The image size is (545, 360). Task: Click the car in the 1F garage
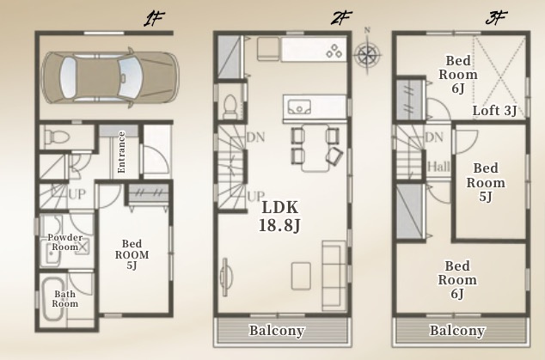click(x=110, y=77)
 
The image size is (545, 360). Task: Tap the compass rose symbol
click(x=367, y=54)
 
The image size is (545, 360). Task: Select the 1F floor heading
click(x=153, y=19)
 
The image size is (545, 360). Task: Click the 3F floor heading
click(x=496, y=18)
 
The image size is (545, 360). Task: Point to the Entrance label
click(x=121, y=152)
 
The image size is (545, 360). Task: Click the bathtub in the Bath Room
click(x=53, y=299)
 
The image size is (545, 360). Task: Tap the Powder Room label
click(x=65, y=242)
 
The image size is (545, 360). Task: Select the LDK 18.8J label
click(x=279, y=217)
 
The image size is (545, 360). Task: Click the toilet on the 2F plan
click(x=230, y=107)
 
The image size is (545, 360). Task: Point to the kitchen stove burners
click(x=334, y=51)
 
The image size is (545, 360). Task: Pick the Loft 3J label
click(x=494, y=111)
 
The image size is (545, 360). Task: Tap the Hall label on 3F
click(x=438, y=167)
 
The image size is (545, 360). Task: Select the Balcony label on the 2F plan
click(x=277, y=331)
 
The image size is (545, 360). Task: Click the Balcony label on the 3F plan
click(x=457, y=331)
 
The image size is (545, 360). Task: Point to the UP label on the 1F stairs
click(x=77, y=194)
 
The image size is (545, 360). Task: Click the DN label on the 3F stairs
click(x=434, y=137)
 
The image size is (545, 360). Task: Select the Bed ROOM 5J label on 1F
click(x=132, y=254)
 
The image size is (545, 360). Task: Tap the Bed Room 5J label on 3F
click(x=486, y=182)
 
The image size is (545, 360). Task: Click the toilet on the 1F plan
click(x=57, y=137)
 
